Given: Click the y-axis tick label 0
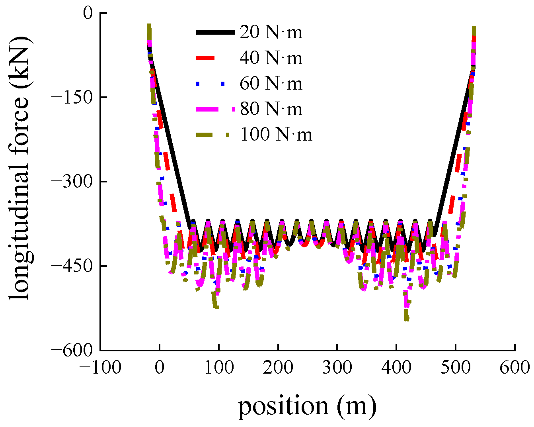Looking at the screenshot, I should click(x=88, y=13).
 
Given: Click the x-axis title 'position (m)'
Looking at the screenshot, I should click(x=307, y=406).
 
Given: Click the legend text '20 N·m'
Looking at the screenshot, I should click(x=271, y=33).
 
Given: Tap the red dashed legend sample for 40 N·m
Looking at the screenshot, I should click(x=206, y=59).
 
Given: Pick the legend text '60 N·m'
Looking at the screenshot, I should click(x=271, y=84).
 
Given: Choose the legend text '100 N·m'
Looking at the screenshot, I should click(x=276, y=135).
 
